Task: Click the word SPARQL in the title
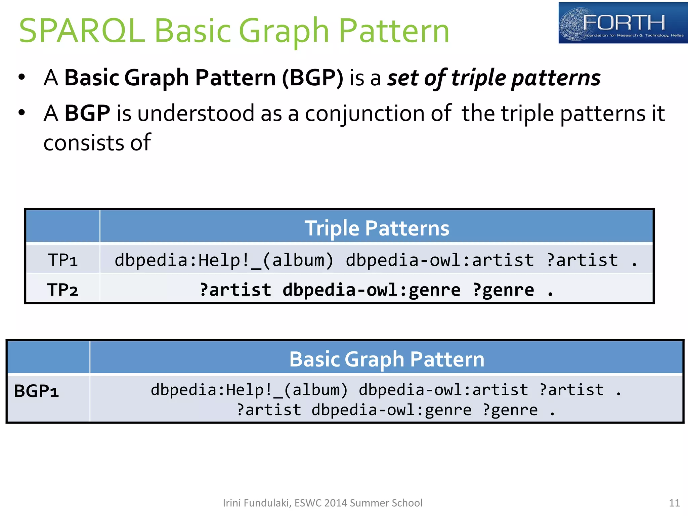click(x=82, y=31)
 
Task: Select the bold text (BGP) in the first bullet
click(x=312, y=78)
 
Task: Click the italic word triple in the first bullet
click(x=478, y=78)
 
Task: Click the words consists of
click(x=97, y=143)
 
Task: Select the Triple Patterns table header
click(x=376, y=228)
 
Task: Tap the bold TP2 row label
click(x=63, y=290)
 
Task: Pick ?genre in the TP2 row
click(x=503, y=290)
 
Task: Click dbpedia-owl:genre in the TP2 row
click(x=371, y=290)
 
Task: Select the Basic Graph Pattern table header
click(x=387, y=359)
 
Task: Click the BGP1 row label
click(x=36, y=391)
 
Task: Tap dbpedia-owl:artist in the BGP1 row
click(x=443, y=390)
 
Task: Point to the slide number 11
click(x=674, y=503)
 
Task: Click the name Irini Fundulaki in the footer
click(x=256, y=503)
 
